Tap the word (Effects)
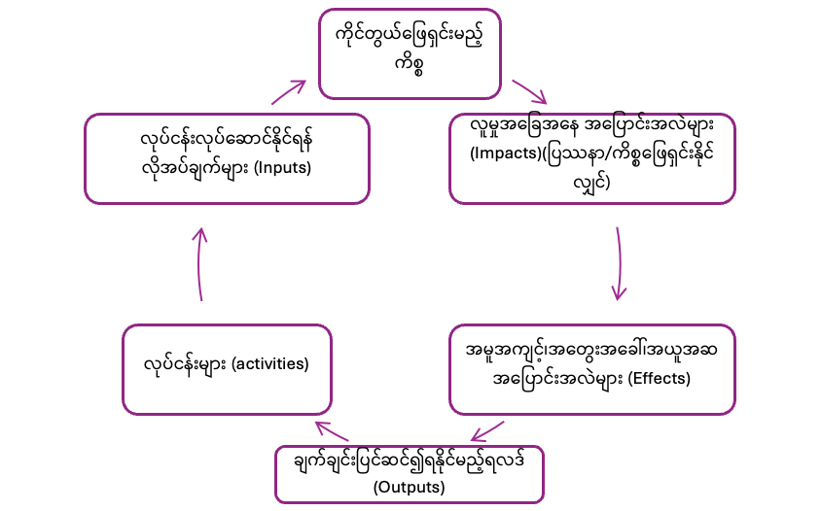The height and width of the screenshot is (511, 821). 657,378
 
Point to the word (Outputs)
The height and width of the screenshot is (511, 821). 409,487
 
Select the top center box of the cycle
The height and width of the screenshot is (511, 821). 410,53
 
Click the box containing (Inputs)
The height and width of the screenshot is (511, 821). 227,157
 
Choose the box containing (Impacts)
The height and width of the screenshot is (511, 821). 592,157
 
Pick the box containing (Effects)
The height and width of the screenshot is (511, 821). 592,369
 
